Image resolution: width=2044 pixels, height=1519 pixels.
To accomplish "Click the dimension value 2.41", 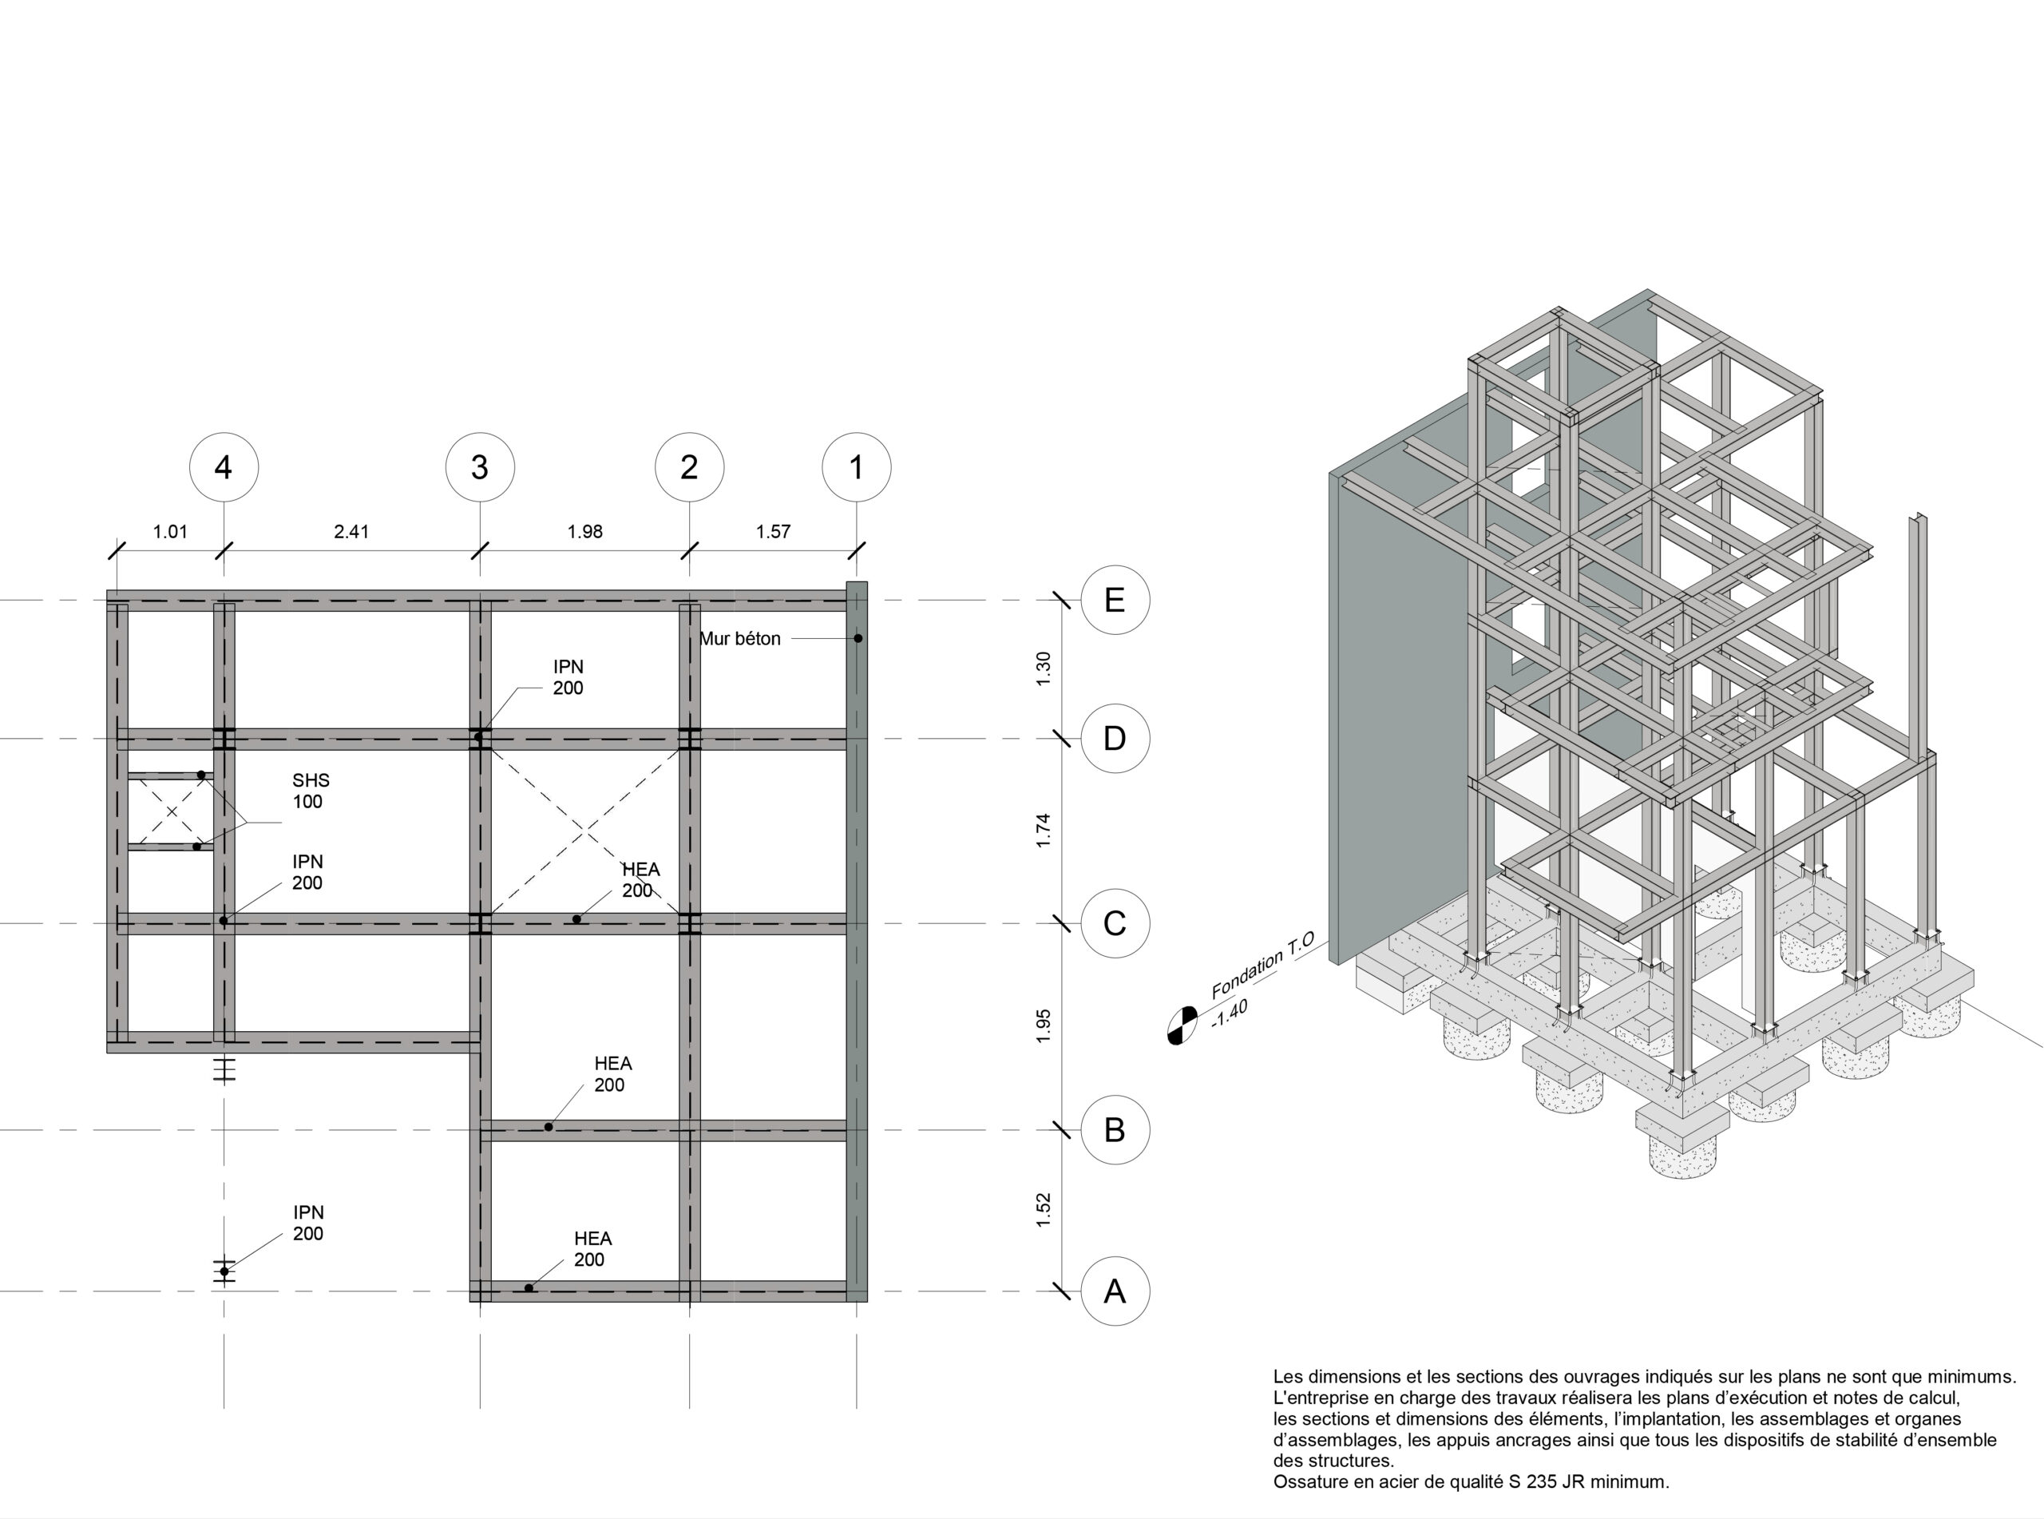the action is pos(351,531).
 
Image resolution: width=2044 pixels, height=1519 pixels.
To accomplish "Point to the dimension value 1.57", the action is pos(773,531).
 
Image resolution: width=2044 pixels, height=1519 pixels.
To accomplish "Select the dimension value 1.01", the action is pos(170,531).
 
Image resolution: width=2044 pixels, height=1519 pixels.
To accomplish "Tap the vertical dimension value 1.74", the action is pos(1043,831).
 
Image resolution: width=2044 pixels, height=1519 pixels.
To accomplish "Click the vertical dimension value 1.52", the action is pos(1043,1210).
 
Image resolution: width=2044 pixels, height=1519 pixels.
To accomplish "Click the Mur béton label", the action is pos(740,639).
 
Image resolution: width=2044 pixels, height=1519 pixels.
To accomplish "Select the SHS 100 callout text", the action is pos(311,791).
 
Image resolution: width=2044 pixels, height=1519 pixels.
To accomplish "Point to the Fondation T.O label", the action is pos(1263,965).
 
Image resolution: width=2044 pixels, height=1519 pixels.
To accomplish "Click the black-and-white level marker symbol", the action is pos(1182,1025).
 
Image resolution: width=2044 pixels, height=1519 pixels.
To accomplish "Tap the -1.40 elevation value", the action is pos(1229,1013).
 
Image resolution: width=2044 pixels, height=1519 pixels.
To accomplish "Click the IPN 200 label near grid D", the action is pos(568,678).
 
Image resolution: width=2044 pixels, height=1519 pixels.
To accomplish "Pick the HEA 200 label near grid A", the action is pos(592,1250).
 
